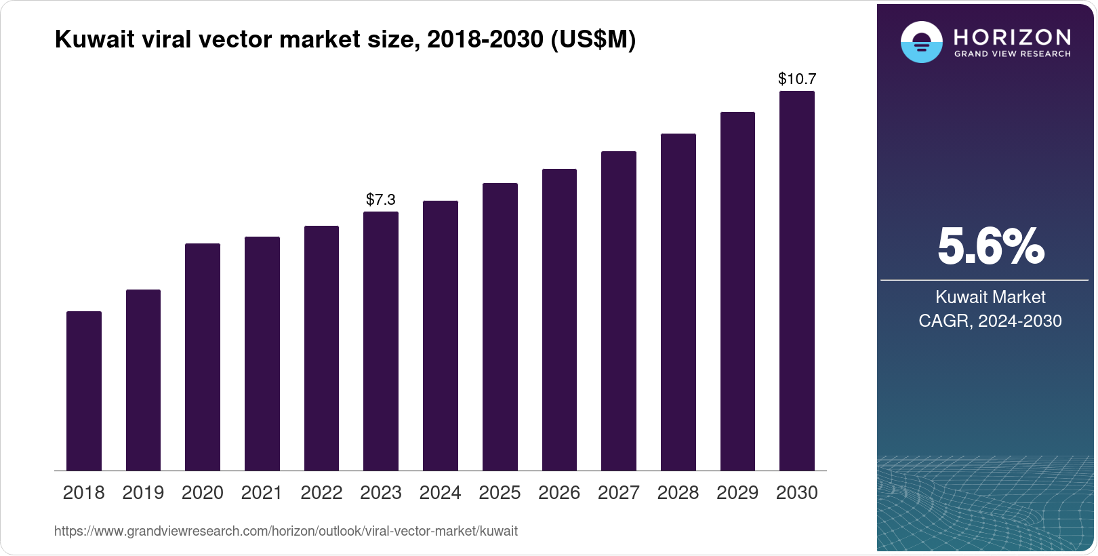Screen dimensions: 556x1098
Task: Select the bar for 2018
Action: pos(84,391)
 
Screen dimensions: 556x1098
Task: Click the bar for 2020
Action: pos(203,357)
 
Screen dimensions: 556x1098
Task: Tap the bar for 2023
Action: pos(381,341)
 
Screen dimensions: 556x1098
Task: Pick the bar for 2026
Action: pos(559,319)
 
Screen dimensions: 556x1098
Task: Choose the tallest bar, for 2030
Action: pos(797,281)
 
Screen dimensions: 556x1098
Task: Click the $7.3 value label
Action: pos(381,199)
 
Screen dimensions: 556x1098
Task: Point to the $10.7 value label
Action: pos(797,79)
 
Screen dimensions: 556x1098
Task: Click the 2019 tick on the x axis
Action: pos(143,493)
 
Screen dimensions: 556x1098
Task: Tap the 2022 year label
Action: pos(321,493)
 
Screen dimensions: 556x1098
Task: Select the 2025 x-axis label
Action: pos(500,493)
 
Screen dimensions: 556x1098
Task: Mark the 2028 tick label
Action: pos(678,493)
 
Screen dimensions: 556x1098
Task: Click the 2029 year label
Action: pos(737,493)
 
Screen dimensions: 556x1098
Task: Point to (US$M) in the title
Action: pos(592,39)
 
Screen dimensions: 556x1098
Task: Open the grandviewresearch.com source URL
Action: pos(285,532)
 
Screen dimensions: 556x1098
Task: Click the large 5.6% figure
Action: pos(990,247)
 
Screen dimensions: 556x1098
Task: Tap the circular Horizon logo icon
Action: pos(921,42)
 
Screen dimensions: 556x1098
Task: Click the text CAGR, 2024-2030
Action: pos(990,321)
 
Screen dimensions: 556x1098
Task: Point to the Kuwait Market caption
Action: pos(990,297)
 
